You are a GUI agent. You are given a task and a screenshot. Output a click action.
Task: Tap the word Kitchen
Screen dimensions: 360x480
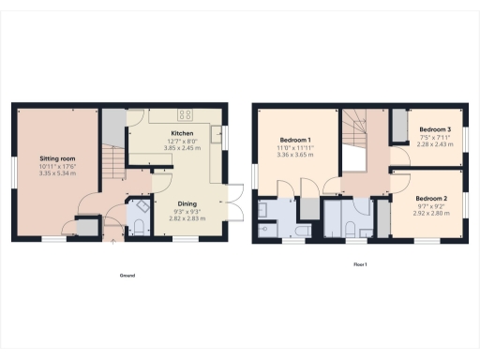181,133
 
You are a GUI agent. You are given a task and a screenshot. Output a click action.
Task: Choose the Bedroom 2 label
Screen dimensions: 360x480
432,198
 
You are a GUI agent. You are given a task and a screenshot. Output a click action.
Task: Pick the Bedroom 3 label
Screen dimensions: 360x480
435,129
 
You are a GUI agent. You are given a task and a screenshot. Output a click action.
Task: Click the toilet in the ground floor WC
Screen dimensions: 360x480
138,224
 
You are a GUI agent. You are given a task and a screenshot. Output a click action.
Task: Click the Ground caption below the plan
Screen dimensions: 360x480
127,276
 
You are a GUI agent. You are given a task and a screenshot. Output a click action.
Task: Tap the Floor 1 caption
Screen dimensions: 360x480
359,265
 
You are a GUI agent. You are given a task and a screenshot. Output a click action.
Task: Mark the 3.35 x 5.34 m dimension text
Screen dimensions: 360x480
56,172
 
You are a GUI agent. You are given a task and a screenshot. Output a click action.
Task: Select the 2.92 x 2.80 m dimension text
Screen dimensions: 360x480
432,213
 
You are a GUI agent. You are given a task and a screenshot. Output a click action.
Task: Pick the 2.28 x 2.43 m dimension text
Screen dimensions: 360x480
435,143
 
